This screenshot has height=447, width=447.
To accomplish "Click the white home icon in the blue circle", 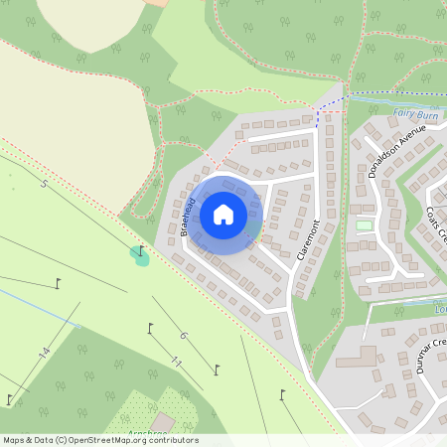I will (x=223, y=215).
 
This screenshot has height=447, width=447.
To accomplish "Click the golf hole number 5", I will (x=44, y=185).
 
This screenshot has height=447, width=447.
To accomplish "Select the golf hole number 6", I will (x=183, y=335).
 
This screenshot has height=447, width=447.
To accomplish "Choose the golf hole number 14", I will (x=44, y=353).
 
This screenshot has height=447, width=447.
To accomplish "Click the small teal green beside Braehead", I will (x=139, y=258).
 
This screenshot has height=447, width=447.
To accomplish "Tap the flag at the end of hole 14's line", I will (x=9, y=400).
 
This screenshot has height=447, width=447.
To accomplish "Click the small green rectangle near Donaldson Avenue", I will (x=364, y=225).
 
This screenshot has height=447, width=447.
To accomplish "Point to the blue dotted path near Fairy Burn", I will (x=333, y=103).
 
